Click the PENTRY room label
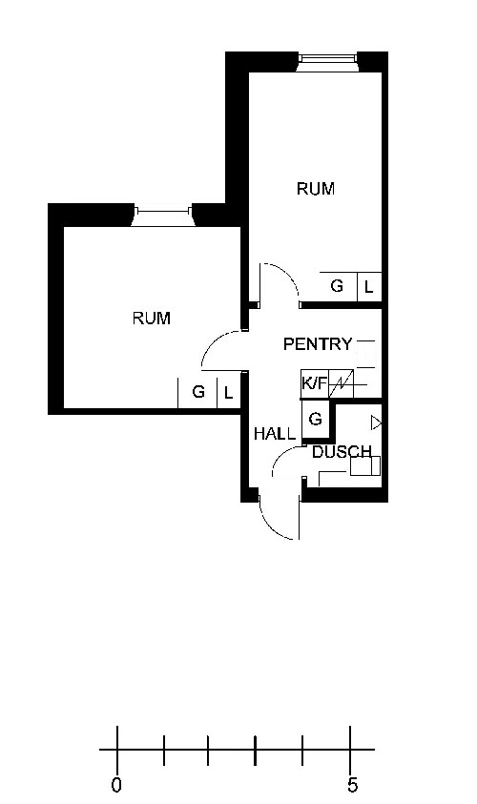(x=318, y=344)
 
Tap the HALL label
(x=275, y=434)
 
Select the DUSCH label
(x=342, y=452)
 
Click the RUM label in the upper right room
(x=316, y=189)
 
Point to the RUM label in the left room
(x=152, y=319)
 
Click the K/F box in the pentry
(x=315, y=383)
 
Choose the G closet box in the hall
(x=315, y=419)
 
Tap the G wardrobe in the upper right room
(x=338, y=286)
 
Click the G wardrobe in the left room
(x=197, y=393)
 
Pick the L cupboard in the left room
(x=229, y=393)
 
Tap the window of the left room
(x=163, y=216)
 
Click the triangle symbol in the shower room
(x=377, y=423)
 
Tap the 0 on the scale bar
(x=117, y=785)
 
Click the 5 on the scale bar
(x=352, y=785)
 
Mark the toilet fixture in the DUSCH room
(x=364, y=466)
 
